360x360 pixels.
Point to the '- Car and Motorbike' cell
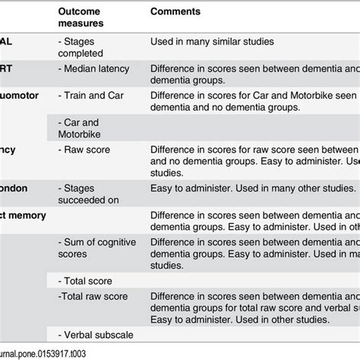point(81,128)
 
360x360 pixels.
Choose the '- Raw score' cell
point(85,150)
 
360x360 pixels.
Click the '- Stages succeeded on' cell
point(87,193)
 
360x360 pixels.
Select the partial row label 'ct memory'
point(23,215)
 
